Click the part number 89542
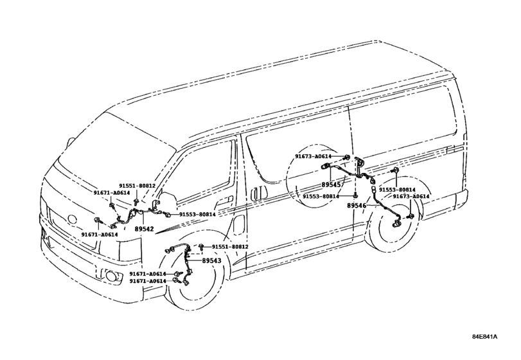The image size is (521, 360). pyautogui.click(x=144, y=229)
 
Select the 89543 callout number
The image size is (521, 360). pyautogui.click(x=211, y=261)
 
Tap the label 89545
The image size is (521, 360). pyautogui.click(x=331, y=184)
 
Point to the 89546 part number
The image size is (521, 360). pyautogui.click(x=357, y=206)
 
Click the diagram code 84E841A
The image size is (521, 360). pyautogui.click(x=485, y=336)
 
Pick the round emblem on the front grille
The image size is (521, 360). pyautogui.click(x=71, y=219)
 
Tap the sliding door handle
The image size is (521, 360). pyautogui.click(x=256, y=194)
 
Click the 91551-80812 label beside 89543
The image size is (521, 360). pyautogui.click(x=230, y=247)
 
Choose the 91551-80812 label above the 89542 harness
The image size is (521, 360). pyautogui.click(x=137, y=186)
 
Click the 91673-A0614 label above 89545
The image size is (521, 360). pyautogui.click(x=313, y=156)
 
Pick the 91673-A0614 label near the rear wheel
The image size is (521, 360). pyautogui.click(x=411, y=197)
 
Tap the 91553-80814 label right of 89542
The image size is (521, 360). pyautogui.click(x=197, y=215)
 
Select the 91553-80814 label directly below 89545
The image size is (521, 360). pyautogui.click(x=321, y=197)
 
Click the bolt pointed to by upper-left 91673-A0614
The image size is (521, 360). pyautogui.click(x=347, y=157)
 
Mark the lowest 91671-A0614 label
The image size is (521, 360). pyautogui.click(x=148, y=281)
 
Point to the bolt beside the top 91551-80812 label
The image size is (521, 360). pyautogui.click(x=136, y=201)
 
